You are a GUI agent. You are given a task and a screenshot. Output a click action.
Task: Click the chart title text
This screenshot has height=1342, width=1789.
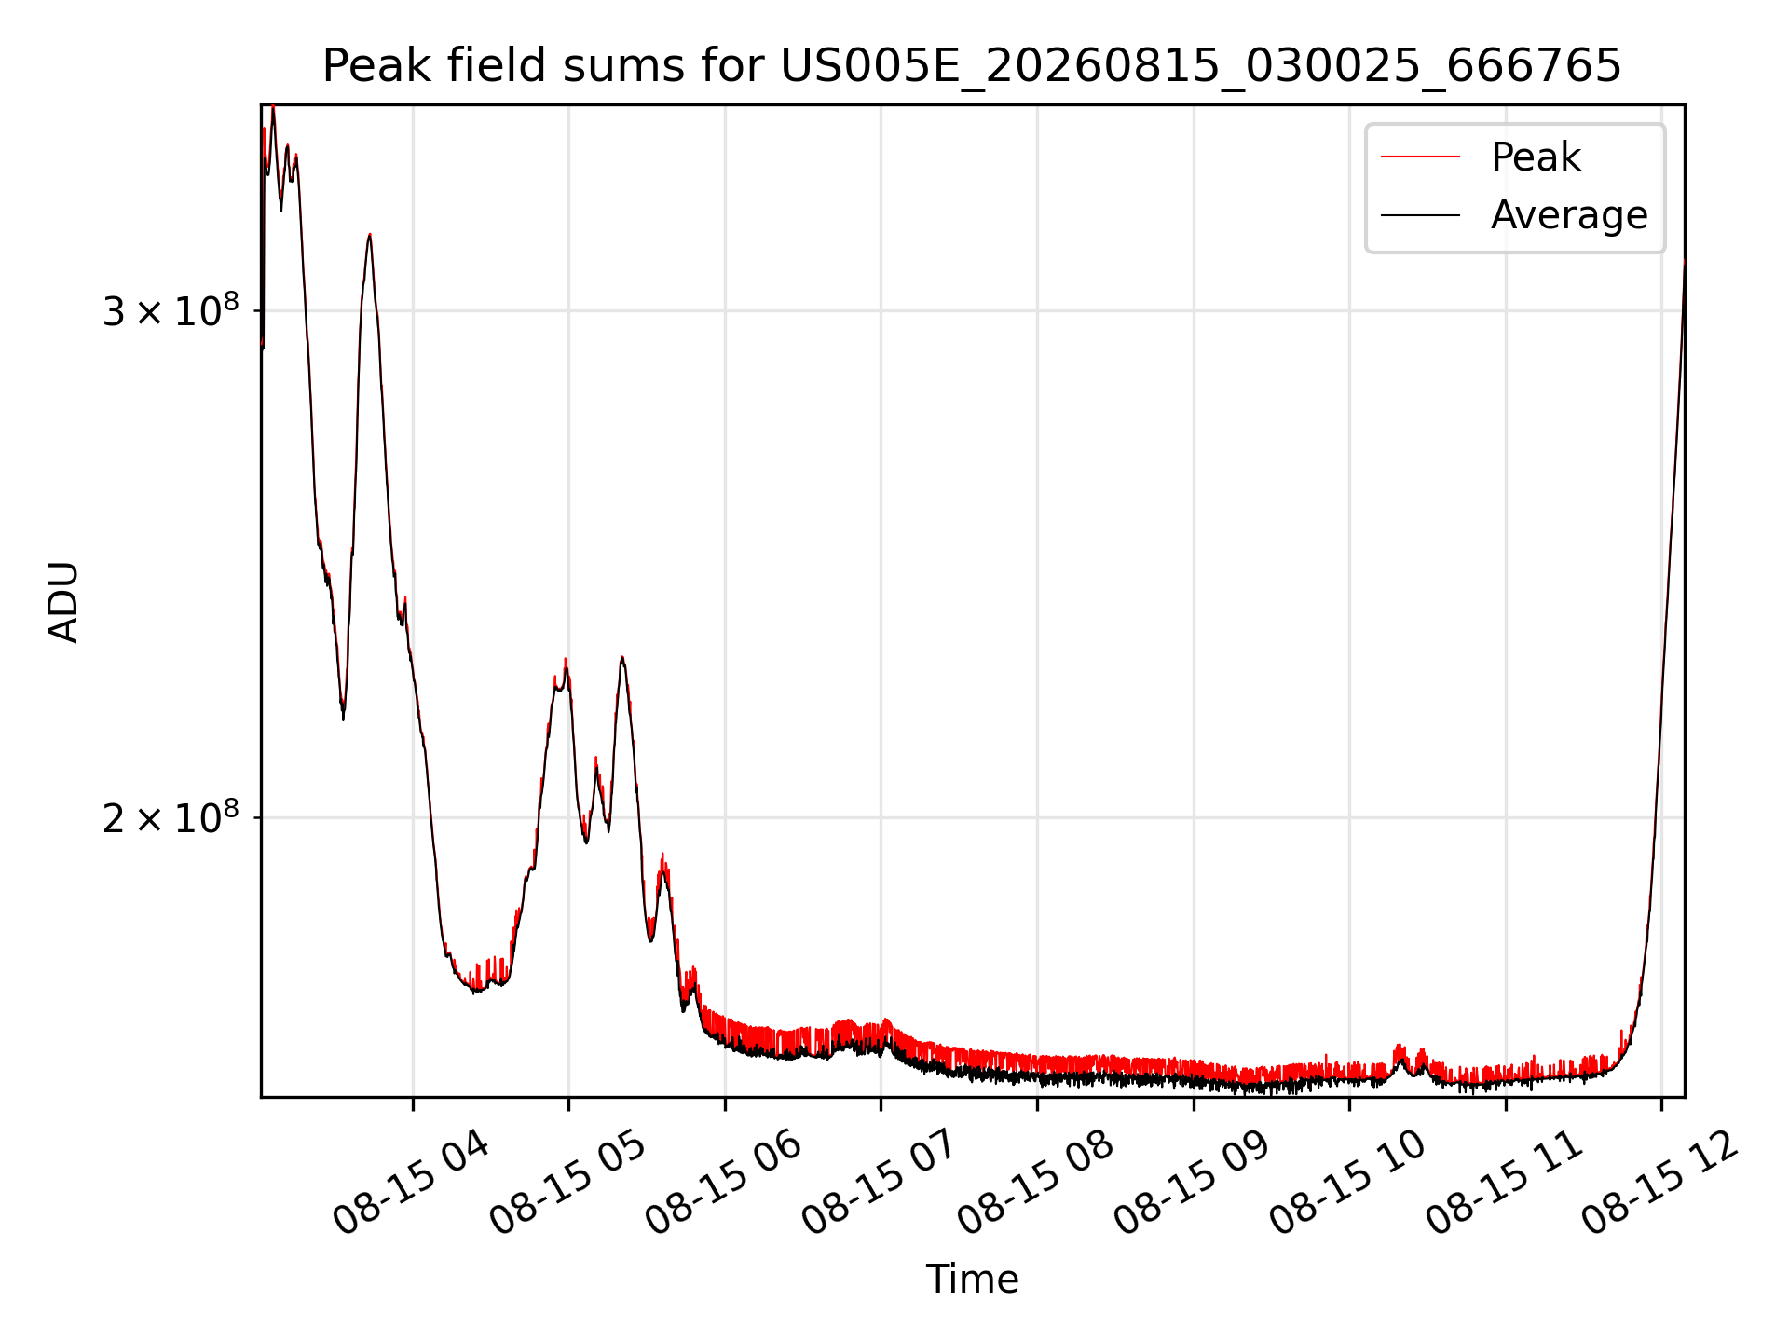tap(972, 66)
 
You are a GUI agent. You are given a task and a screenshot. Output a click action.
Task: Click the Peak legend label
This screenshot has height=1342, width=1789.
tap(1536, 157)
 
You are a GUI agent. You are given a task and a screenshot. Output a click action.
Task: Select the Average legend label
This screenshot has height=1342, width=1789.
tap(1569, 215)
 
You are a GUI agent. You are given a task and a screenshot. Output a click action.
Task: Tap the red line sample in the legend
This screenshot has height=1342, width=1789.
tap(1420, 157)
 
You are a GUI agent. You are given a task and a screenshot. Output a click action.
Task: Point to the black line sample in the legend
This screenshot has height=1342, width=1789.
tap(1420, 215)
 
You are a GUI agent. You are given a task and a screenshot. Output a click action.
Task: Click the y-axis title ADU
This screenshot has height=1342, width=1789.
tap(63, 601)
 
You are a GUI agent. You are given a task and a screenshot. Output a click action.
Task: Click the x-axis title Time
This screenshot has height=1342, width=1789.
tap(972, 1279)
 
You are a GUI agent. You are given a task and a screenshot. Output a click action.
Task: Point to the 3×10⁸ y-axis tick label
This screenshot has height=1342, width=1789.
tap(171, 310)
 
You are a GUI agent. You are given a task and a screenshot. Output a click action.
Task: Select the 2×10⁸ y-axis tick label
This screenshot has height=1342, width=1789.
tap(171, 817)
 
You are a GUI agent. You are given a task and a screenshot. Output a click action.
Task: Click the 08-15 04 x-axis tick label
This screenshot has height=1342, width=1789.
tap(411, 1182)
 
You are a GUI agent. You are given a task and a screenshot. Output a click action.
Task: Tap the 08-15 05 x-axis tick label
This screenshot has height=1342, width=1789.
tap(567, 1182)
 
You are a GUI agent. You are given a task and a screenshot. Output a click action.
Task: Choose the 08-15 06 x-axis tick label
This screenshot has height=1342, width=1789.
tap(723, 1182)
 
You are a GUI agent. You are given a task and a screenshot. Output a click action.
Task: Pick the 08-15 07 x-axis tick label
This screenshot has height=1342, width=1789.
tap(880, 1182)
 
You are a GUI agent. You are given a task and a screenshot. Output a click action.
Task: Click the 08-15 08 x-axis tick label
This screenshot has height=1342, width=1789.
tap(1035, 1182)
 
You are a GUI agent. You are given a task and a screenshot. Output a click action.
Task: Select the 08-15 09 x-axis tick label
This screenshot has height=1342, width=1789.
tap(1192, 1182)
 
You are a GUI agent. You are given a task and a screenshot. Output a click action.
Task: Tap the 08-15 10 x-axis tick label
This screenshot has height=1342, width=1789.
tap(1347, 1182)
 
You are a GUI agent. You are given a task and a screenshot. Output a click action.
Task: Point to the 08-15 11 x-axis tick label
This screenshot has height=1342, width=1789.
tap(1504, 1182)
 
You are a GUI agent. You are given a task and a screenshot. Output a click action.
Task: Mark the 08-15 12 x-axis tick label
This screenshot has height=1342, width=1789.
tap(1659, 1182)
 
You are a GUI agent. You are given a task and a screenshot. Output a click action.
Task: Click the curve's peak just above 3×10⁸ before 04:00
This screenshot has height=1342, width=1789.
tap(370, 235)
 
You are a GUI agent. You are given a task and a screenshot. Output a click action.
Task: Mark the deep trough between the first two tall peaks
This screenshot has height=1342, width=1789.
tap(343, 716)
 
